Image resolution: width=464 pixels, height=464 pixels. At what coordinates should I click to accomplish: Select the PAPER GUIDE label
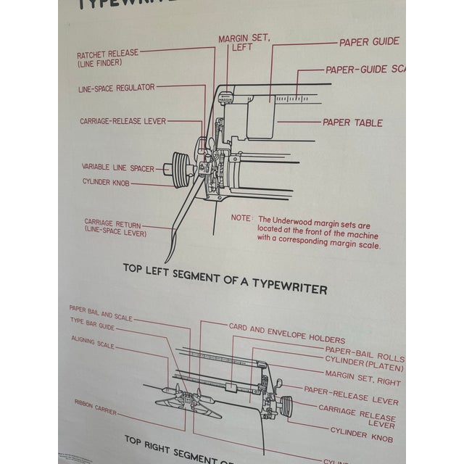coord(369,42)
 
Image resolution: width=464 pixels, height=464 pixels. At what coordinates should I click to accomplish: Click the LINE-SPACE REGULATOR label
coord(116,88)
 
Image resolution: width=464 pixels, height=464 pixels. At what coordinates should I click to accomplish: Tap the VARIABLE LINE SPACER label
coord(117,167)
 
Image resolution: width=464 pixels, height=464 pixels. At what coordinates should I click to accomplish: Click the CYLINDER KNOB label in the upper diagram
coord(106,183)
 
